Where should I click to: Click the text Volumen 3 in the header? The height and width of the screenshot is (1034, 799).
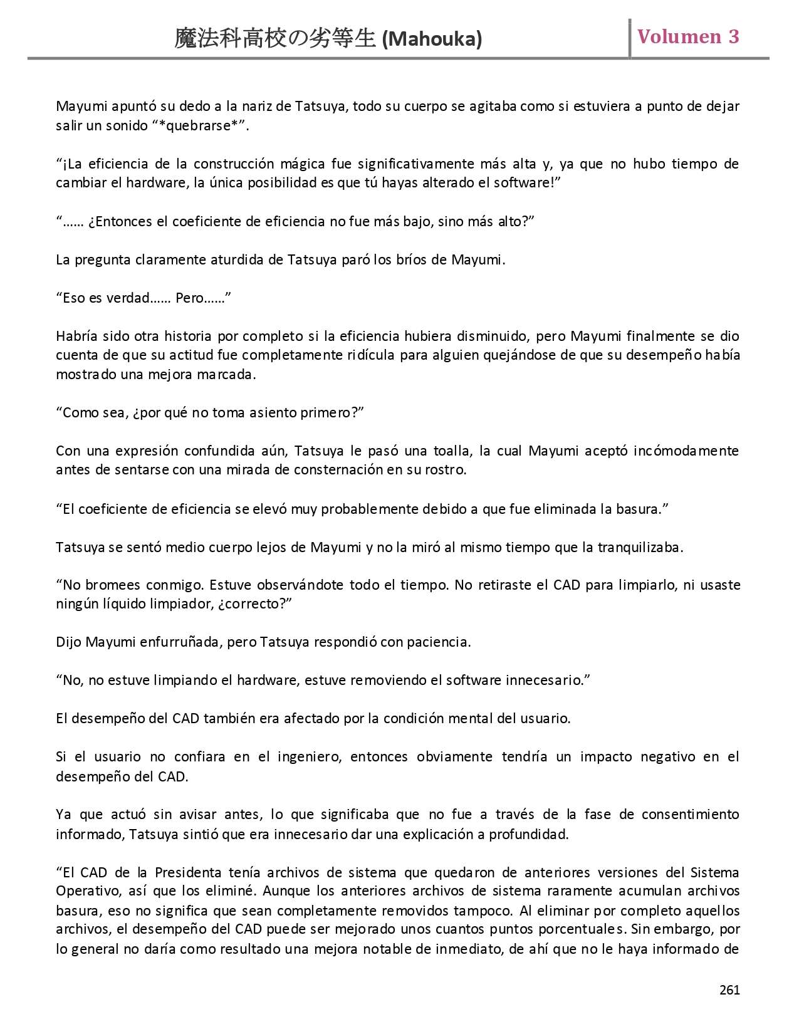[x=688, y=36]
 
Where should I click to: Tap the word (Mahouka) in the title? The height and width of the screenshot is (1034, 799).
[x=432, y=39]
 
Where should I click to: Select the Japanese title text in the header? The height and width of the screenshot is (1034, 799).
[x=276, y=39]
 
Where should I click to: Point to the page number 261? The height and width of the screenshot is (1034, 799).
[x=729, y=990]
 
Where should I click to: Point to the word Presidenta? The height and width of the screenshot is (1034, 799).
[x=188, y=872]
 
